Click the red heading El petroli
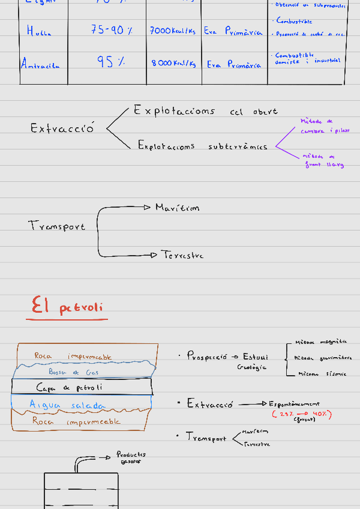[x=67, y=307]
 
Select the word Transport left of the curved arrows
[x=56, y=226]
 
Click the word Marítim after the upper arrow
[x=177, y=208]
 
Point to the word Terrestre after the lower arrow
[x=182, y=255]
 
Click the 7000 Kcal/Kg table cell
[x=173, y=31]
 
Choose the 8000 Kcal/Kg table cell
[x=173, y=64]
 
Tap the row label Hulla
[x=39, y=31]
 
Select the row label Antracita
[x=40, y=64]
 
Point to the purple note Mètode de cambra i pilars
[x=324, y=125]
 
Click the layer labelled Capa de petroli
[x=69, y=387]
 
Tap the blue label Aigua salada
[x=67, y=406]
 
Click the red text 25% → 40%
[x=302, y=414]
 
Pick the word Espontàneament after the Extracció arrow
[x=294, y=404]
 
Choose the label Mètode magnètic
[x=320, y=342]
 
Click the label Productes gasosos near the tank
[x=131, y=458]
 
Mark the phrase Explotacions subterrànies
[x=202, y=146]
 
